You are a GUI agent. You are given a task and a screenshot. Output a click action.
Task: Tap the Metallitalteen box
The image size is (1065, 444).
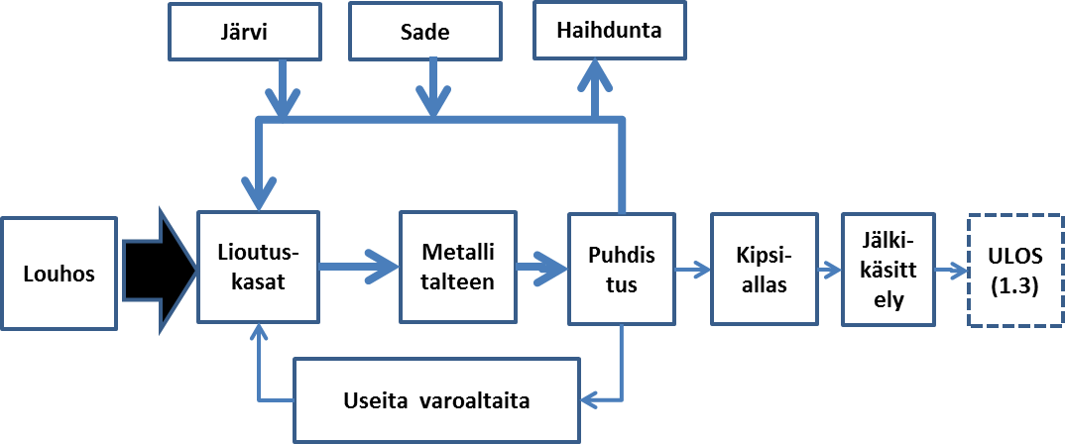pyautogui.click(x=458, y=266)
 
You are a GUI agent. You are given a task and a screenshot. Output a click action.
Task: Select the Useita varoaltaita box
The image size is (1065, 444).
pyautogui.click(x=436, y=400)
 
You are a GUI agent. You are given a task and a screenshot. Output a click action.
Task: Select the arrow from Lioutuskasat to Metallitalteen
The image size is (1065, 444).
pyautogui.click(x=358, y=266)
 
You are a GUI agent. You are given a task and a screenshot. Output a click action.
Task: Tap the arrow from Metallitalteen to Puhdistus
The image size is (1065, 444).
pyautogui.click(x=542, y=266)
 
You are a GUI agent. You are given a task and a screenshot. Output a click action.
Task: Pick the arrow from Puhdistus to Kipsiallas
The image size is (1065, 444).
pyautogui.click(x=692, y=267)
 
